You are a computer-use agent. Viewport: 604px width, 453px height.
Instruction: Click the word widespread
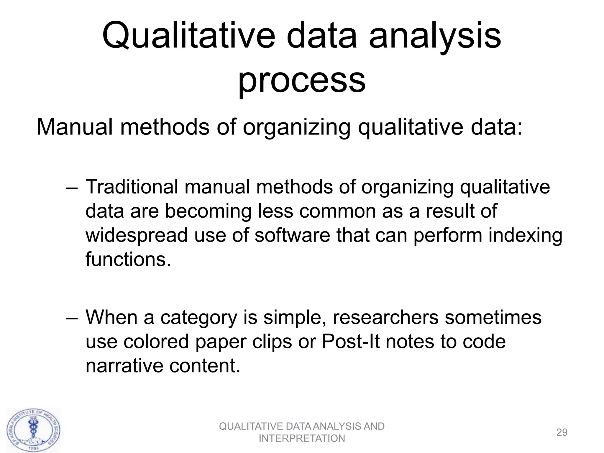(137, 235)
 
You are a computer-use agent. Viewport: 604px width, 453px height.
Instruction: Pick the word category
(199, 318)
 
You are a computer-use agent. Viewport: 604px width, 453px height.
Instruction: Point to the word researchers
(385, 317)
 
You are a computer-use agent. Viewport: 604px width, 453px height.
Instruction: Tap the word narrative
(124, 366)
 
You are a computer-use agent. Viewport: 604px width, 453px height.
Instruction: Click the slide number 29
(562, 432)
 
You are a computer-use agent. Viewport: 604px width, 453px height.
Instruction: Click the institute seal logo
(33, 430)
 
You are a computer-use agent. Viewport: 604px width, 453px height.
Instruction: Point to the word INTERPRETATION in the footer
(302, 439)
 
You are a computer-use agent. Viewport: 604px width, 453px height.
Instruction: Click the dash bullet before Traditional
(72, 188)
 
